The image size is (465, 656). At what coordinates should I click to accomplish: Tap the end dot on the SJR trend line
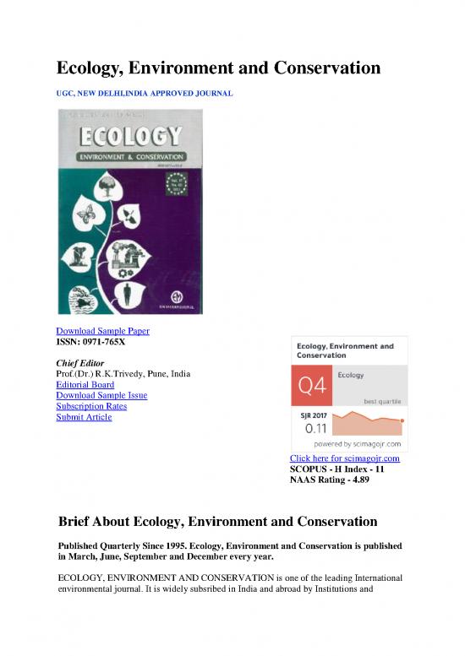tap(402, 420)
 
